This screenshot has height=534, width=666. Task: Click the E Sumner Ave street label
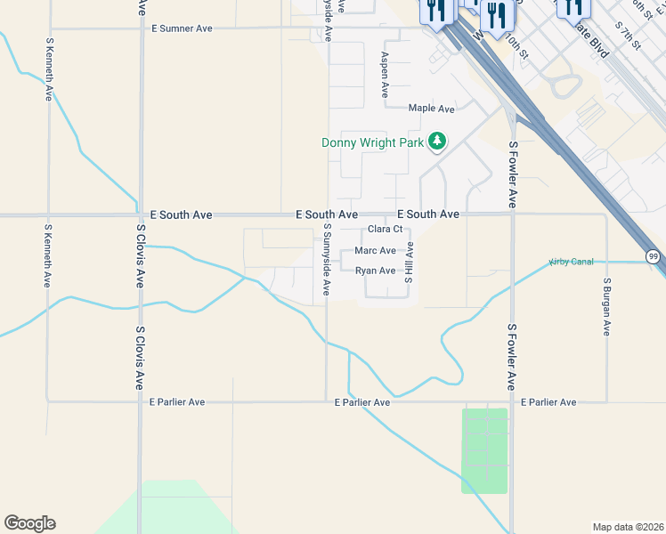click(x=182, y=28)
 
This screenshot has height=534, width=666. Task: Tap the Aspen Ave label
click(x=385, y=74)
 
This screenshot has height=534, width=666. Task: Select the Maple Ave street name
click(x=431, y=109)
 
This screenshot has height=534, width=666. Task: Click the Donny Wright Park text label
click(x=372, y=142)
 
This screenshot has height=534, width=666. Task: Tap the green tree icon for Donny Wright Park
click(x=436, y=141)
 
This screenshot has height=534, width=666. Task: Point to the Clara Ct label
click(x=386, y=230)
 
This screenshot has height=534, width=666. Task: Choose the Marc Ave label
click(x=375, y=251)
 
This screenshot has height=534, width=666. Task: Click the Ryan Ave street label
click(x=375, y=271)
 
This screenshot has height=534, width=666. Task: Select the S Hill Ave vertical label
click(x=410, y=266)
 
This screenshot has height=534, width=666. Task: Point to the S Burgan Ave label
click(x=606, y=306)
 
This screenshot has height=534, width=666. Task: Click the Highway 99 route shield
click(x=654, y=256)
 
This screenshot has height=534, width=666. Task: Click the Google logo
click(x=29, y=523)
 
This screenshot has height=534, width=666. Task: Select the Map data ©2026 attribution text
click(x=628, y=527)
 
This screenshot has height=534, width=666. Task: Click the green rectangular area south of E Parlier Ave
click(x=483, y=450)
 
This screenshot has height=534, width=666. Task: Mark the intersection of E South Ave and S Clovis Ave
click(x=140, y=215)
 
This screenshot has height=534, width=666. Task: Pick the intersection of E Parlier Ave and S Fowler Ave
click(x=512, y=401)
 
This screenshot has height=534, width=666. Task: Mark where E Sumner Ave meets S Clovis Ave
click(x=141, y=28)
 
